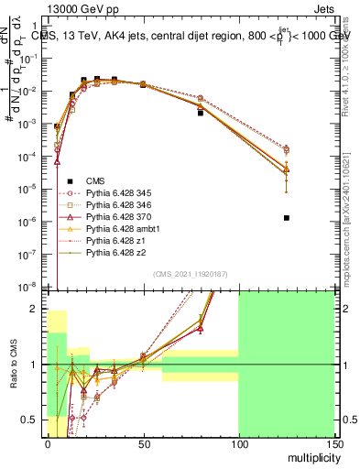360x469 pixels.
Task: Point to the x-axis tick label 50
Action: (142, 442)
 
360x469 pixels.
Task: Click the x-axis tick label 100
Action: (238, 442)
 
